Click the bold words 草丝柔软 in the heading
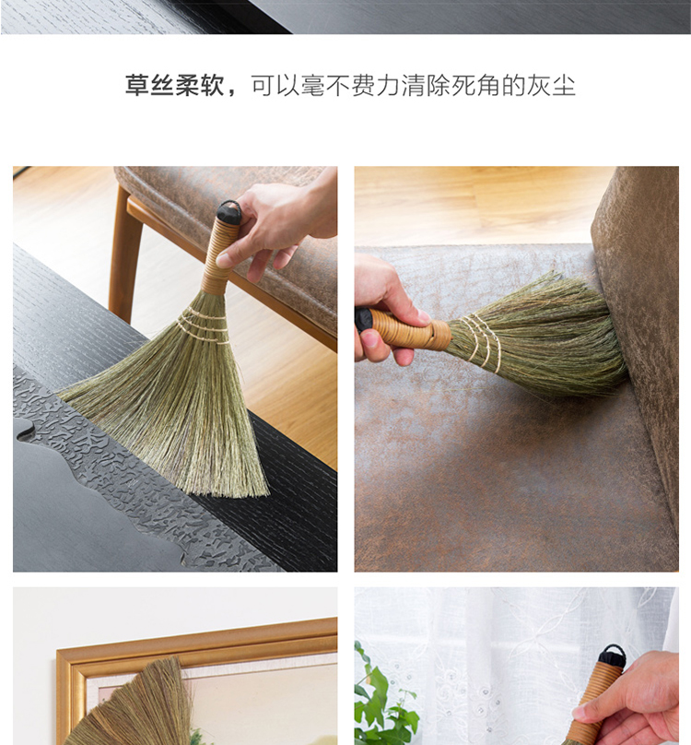[x=174, y=86]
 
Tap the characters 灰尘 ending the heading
[x=551, y=86]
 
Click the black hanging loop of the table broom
[x=229, y=209]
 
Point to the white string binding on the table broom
[x=202, y=325]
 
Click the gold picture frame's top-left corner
[x=57, y=650]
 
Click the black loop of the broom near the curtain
[x=612, y=655]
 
